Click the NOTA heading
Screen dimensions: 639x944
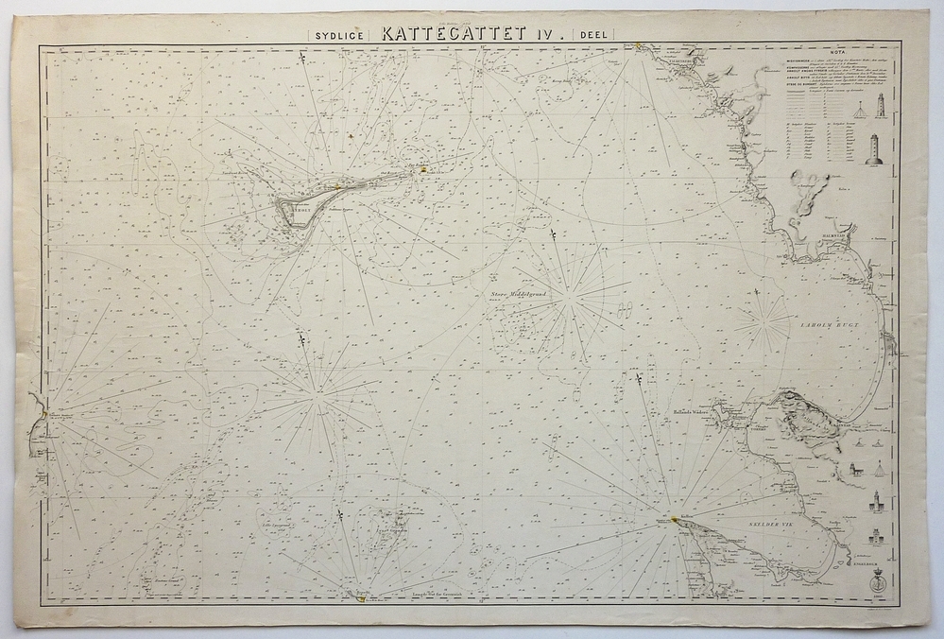click(x=836, y=54)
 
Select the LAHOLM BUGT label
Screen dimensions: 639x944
click(x=827, y=324)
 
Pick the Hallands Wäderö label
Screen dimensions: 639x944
click(x=688, y=412)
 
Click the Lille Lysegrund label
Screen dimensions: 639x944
click(x=274, y=521)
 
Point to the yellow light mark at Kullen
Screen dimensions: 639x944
click(x=660, y=518)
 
